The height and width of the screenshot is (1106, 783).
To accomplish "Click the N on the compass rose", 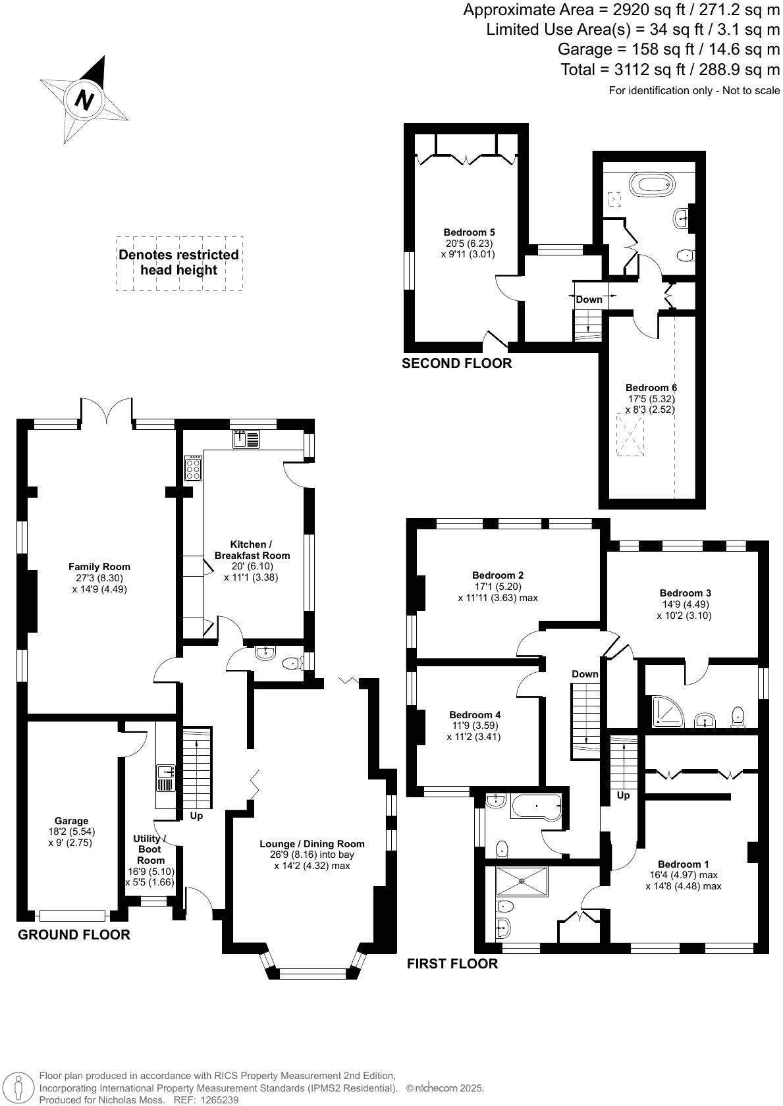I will click(84, 100).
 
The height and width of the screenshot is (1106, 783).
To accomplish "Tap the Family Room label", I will click(99, 566).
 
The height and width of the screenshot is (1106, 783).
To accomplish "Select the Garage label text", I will click(71, 820).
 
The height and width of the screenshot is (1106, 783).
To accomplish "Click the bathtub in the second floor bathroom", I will click(652, 182).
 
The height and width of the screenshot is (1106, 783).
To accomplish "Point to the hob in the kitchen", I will click(193, 469).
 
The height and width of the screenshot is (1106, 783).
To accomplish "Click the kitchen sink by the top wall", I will click(246, 439).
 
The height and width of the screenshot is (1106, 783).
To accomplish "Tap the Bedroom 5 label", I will click(469, 232).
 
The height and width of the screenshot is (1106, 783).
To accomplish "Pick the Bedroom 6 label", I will click(651, 388).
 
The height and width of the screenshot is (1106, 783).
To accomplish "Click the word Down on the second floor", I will click(589, 300).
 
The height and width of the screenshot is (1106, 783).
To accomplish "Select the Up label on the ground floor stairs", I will click(196, 816).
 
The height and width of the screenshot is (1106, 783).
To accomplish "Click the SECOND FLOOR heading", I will click(456, 363).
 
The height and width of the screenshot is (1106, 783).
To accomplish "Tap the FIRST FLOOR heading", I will click(452, 964).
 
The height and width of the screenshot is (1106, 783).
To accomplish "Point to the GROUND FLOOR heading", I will click(74, 934).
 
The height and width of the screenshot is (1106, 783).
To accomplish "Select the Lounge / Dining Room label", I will click(311, 843).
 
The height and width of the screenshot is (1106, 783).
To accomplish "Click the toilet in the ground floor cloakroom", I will click(290, 664).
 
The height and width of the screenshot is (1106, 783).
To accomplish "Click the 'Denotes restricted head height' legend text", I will click(178, 262).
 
